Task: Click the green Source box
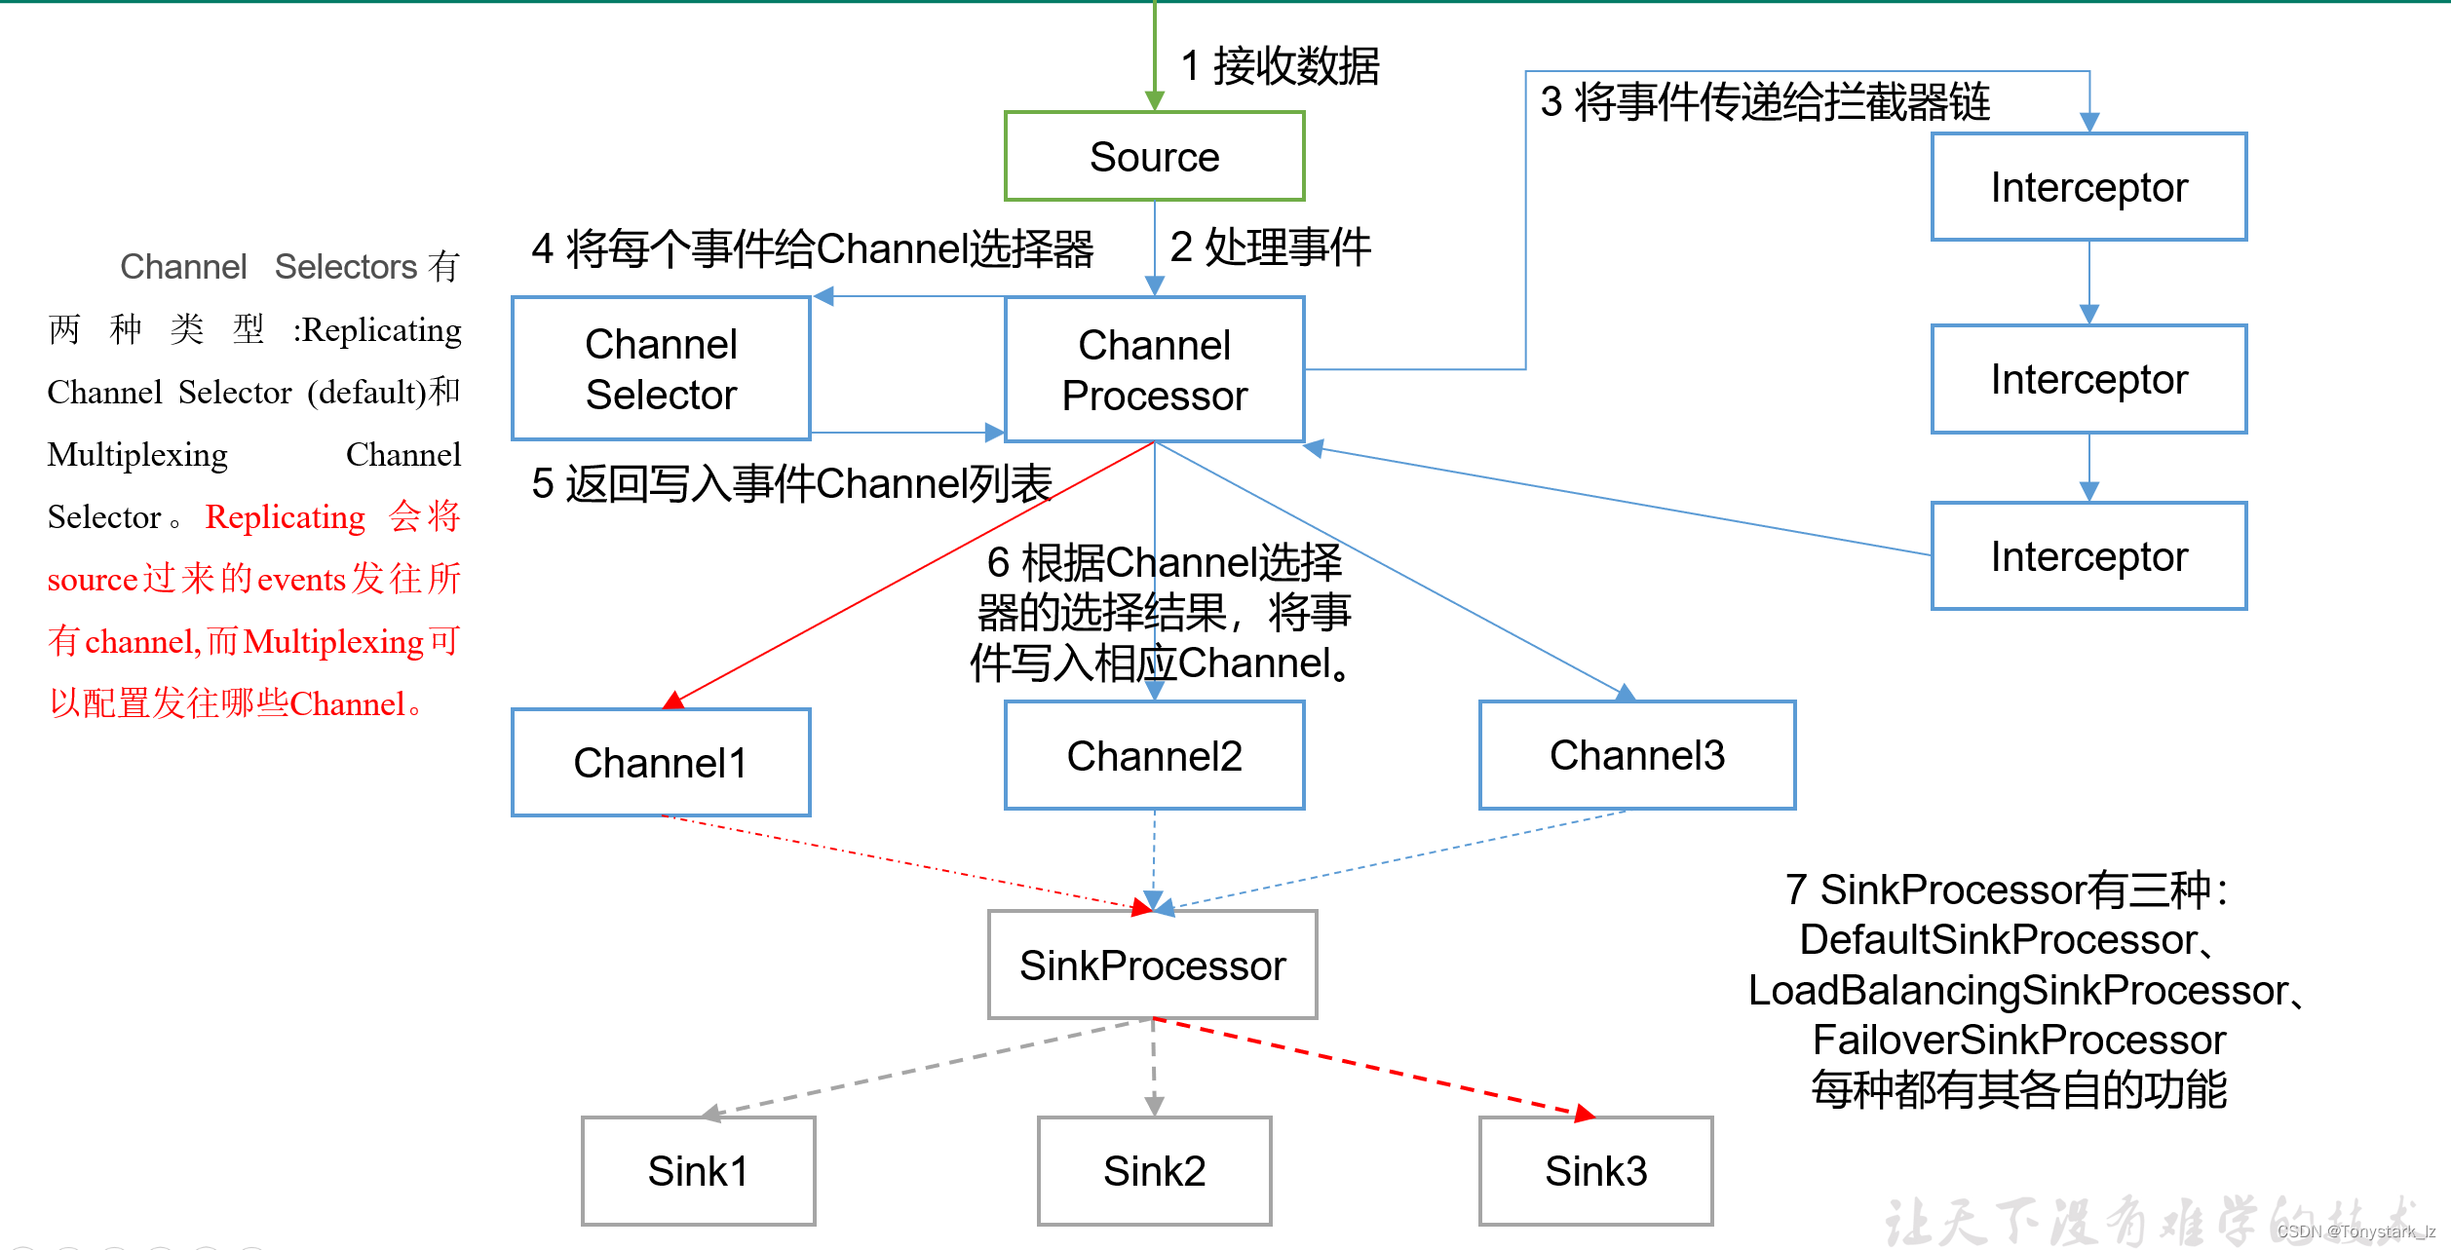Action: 1154,156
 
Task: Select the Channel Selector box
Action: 661,368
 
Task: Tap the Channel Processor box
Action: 1154,369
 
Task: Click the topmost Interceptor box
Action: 2088,187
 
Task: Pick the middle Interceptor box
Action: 2088,379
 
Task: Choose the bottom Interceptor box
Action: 2088,556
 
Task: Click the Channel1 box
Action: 661,762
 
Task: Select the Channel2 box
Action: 1154,755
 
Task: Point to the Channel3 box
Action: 1637,755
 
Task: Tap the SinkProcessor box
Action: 1152,965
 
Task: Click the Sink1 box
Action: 698,1170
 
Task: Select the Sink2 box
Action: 1154,1170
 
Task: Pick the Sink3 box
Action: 1595,1170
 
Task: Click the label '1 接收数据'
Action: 1280,66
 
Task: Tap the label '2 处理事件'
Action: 1270,246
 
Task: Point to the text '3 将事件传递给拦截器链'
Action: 1764,101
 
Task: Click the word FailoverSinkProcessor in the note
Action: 2018,1040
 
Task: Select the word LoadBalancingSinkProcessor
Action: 2017,990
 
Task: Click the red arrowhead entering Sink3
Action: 1585,1113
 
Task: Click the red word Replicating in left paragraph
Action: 286,516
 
